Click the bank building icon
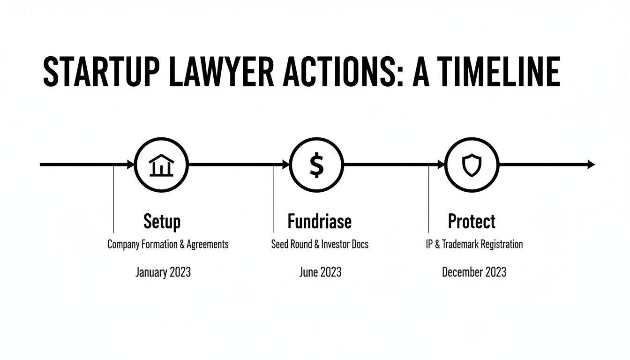point(161,165)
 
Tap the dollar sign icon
point(317,165)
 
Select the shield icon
point(471,165)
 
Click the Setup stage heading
point(162,221)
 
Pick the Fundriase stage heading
point(319,221)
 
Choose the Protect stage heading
point(472,221)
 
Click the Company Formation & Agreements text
point(168,244)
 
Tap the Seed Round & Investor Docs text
point(320,244)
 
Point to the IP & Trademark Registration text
point(474,244)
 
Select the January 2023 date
point(163,272)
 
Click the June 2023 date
point(320,272)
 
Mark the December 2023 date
point(474,272)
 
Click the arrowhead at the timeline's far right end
point(591,165)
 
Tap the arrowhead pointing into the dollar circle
point(285,165)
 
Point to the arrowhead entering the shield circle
point(441,165)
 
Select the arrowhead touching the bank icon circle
point(130,165)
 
